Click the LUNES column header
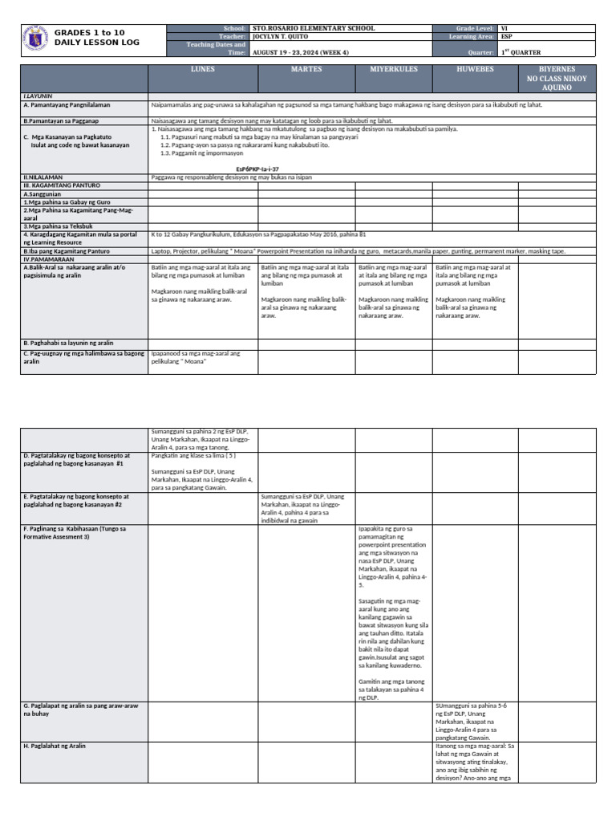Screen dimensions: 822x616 203,71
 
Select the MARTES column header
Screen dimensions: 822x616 306,71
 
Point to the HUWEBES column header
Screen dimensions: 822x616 475,71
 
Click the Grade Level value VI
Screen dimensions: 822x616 505,28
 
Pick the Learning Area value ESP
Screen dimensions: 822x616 507,37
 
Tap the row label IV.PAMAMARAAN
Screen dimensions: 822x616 49,259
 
